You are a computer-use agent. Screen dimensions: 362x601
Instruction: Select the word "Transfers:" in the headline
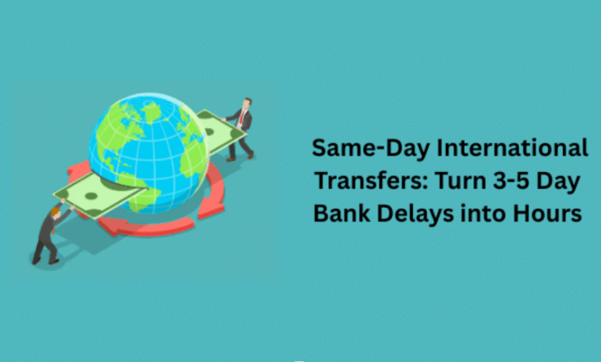pyautogui.click(x=364, y=180)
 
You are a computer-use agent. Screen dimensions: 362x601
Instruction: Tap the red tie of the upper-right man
pyautogui.click(x=241, y=119)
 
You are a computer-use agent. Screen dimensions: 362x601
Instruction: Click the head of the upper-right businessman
pyautogui.click(x=247, y=102)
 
